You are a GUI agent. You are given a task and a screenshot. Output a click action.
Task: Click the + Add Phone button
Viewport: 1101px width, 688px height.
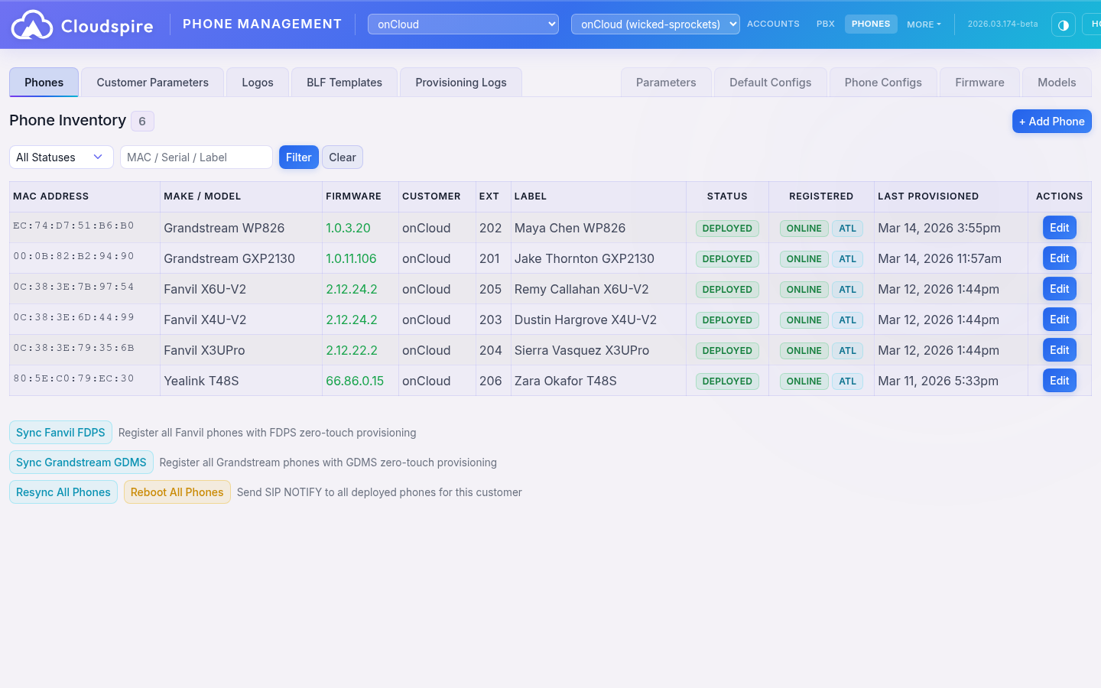(x=1051, y=122)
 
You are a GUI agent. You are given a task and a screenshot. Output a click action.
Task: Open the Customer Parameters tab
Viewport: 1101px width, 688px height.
(x=152, y=83)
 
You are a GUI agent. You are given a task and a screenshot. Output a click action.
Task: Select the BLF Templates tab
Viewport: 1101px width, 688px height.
(x=344, y=83)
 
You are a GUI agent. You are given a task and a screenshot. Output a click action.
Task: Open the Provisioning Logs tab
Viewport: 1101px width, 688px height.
(x=460, y=83)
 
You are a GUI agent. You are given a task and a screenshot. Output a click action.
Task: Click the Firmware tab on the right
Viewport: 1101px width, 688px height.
(x=979, y=83)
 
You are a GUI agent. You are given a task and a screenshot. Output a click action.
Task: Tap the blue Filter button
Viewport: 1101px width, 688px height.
(x=298, y=157)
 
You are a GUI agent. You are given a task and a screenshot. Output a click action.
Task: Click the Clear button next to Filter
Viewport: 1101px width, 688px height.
(x=342, y=157)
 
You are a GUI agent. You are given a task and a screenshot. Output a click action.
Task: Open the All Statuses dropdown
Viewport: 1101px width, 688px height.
(x=61, y=157)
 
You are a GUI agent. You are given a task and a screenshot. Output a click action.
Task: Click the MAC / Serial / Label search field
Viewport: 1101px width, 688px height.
(x=196, y=157)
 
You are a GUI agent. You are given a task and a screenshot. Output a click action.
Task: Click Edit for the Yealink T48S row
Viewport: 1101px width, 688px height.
(x=1059, y=381)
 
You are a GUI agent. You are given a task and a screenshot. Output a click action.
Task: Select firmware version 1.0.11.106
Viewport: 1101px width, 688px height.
(x=351, y=258)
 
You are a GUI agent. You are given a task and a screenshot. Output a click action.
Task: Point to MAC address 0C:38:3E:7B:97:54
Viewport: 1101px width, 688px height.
(x=73, y=287)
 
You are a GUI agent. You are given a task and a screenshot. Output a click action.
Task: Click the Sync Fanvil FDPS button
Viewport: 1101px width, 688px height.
(x=60, y=433)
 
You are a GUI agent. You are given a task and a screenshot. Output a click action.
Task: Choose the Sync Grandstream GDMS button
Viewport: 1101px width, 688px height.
(x=81, y=462)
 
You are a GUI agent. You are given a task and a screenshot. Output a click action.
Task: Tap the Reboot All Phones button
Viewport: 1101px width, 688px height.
(x=177, y=492)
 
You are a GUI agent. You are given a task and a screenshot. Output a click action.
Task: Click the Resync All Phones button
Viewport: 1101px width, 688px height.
(x=63, y=492)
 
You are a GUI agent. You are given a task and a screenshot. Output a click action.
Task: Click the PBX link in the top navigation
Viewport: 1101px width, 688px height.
(x=825, y=24)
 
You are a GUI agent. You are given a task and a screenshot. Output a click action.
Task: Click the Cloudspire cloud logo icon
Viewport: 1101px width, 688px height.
(x=32, y=25)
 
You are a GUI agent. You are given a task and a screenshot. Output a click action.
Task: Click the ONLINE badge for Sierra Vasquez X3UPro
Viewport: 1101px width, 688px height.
(x=804, y=351)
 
